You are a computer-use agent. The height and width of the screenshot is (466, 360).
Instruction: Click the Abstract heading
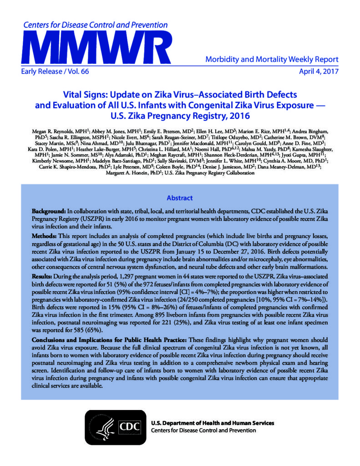pos(180,198)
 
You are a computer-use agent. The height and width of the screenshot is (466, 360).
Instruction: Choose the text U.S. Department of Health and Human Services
pos(213,423)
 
